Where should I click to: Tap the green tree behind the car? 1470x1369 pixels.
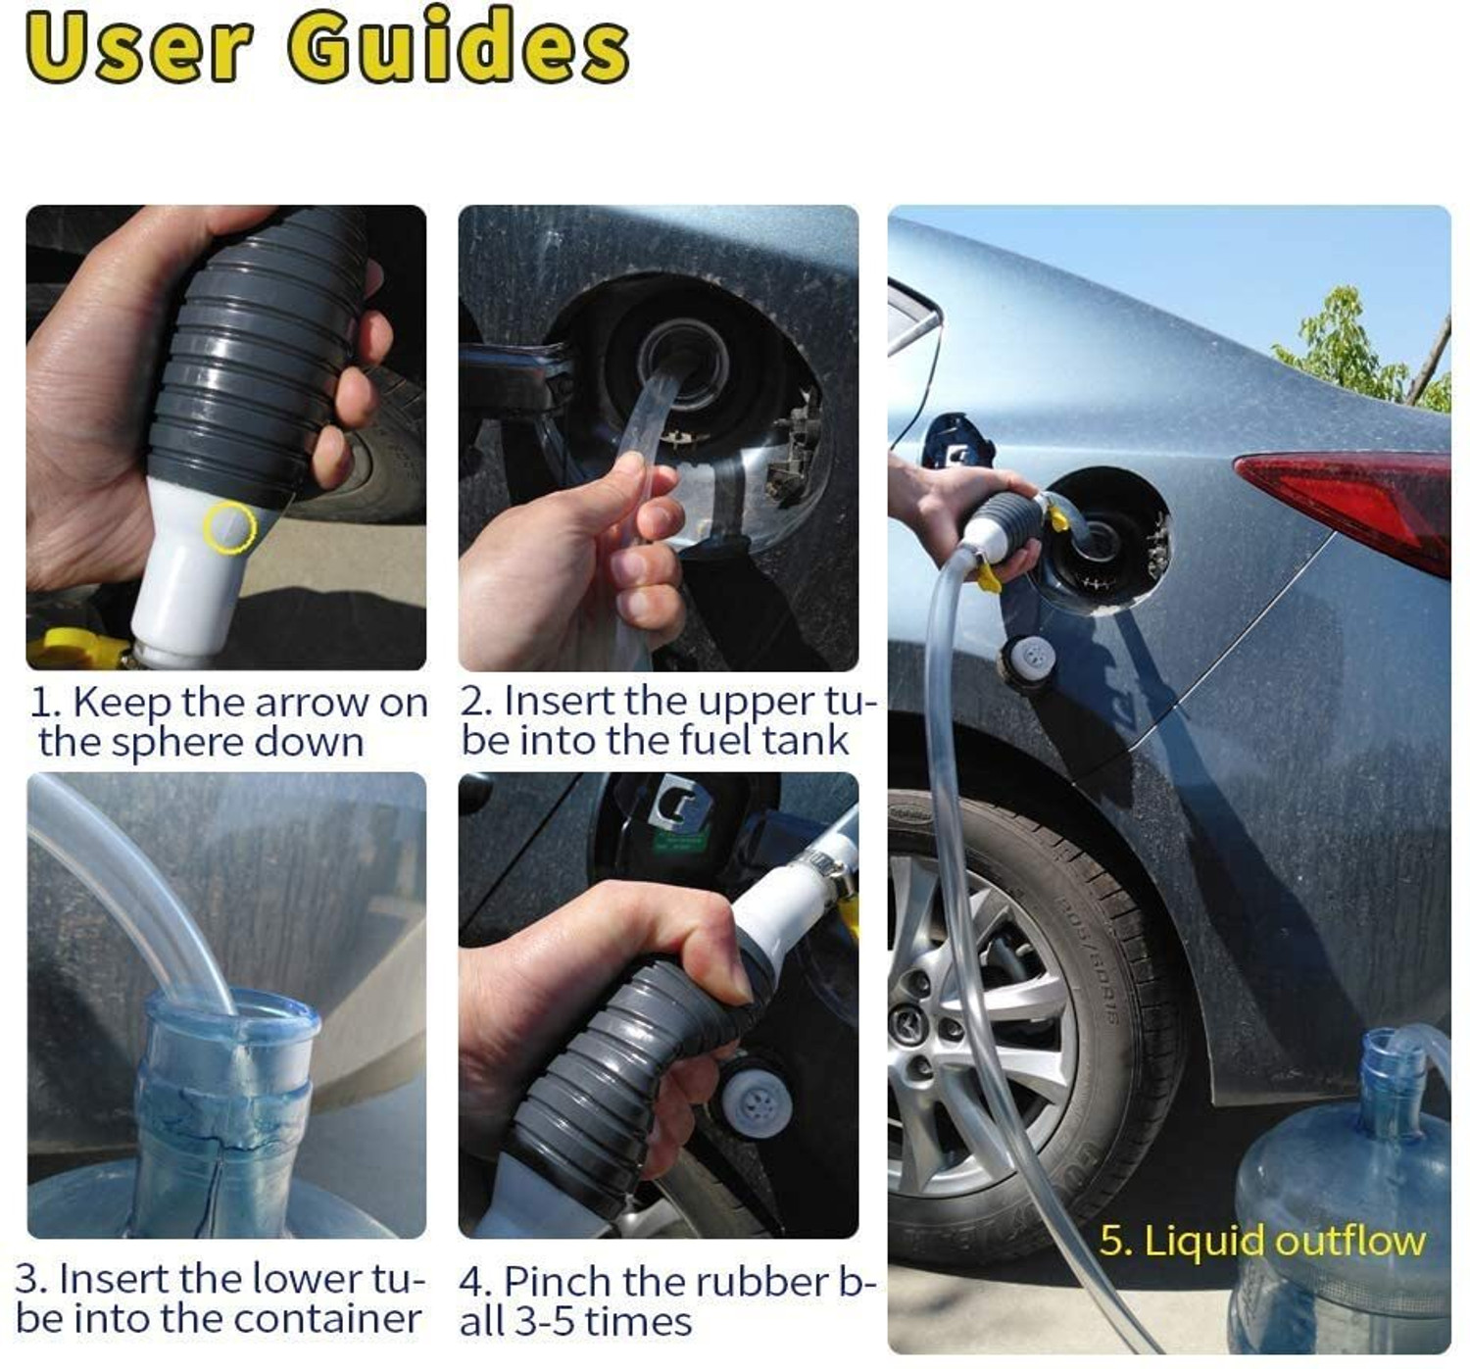click(1362, 348)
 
